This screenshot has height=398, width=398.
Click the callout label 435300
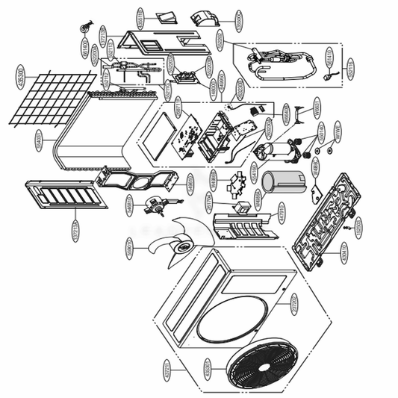click(x=20, y=74)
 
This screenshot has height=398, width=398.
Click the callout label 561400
click(x=85, y=50)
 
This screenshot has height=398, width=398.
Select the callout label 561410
click(x=330, y=57)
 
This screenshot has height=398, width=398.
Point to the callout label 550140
click(x=322, y=133)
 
